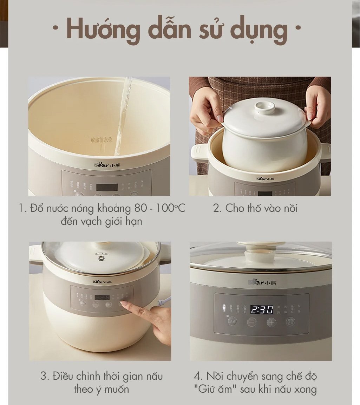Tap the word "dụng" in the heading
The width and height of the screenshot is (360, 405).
pos(262,31)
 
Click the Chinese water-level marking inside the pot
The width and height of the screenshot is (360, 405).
pos(102,140)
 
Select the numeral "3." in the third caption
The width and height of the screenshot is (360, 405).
pos(45,377)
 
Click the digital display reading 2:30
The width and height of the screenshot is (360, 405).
pos(262,309)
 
